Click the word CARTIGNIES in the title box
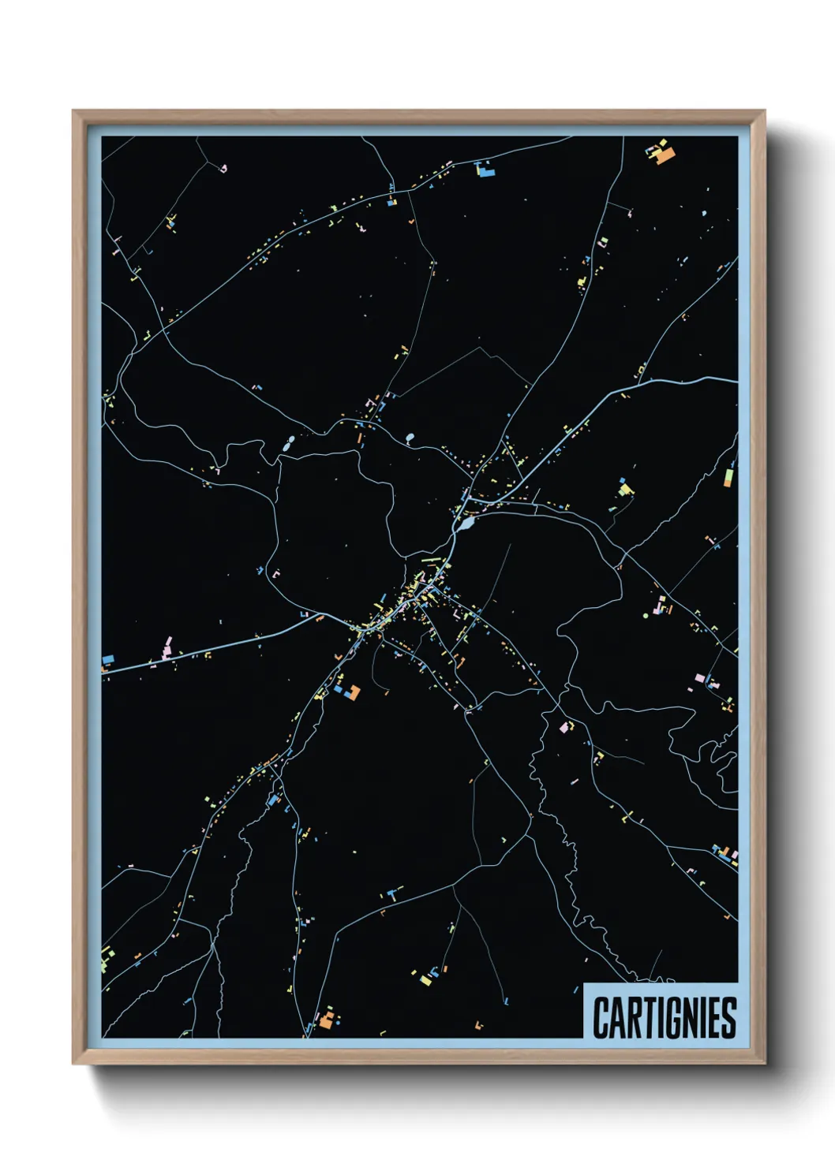[x=664, y=1017]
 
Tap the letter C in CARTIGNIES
[x=601, y=1017]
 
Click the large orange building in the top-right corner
[x=666, y=155]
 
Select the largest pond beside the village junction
[x=467, y=523]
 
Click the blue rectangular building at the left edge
[x=108, y=658]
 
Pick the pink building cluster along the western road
[x=167, y=647]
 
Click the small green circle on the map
[x=646, y=614]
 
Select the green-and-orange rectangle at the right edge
[x=728, y=477]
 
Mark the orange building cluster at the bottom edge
[x=327, y=1018]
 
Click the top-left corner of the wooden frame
[x=73, y=111]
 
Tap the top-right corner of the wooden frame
[x=765, y=111]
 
